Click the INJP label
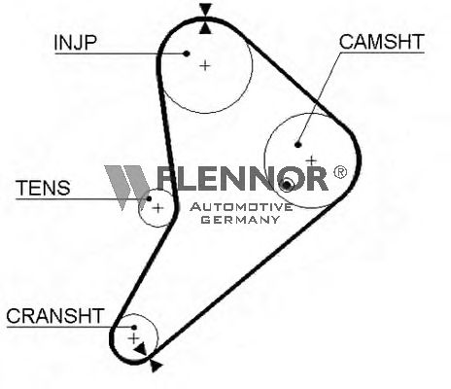pyautogui.click(x=76, y=43)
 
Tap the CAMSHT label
pyautogui.click(x=382, y=42)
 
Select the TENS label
pyautogui.click(x=43, y=188)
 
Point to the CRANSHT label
pyautogui.click(x=55, y=316)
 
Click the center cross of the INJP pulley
pyautogui.click(x=205, y=66)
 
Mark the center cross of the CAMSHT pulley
pyautogui.click(x=311, y=160)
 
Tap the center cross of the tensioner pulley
pyautogui.click(x=157, y=208)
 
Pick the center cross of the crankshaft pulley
pyautogui.click(x=133, y=338)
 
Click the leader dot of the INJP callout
pyautogui.click(x=187, y=53)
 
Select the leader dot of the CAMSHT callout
pyautogui.click(x=298, y=145)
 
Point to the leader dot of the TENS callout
pyautogui.click(x=149, y=198)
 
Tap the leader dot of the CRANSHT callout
pyautogui.click(x=134, y=328)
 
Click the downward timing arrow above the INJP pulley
pyautogui.click(x=205, y=10)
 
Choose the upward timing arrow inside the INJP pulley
pyautogui.click(x=205, y=27)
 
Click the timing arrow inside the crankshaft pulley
pyautogui.click(x=141, y=350)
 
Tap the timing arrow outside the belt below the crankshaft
pyautogui.click(x=156, y=366)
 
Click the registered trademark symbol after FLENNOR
pyautogui.click(x=340, y=172)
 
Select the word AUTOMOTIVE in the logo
pyautogui.click(x=241, y=207)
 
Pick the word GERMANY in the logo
pyautogui.click(x=240, y=220)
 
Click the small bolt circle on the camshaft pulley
pyautogui.click(x=287, y=185)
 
